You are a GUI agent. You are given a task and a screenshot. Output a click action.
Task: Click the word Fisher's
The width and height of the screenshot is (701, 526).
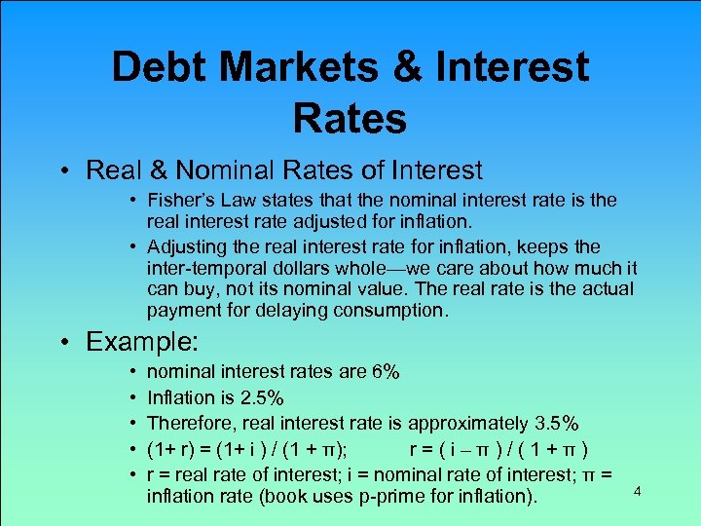click(183, 200)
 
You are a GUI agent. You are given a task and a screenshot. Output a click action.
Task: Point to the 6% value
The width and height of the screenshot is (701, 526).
click(387, 372)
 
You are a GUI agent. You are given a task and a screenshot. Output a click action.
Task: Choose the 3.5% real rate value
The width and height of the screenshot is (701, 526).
click(558, 423)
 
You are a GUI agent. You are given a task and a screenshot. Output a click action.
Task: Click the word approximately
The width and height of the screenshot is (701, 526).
click(468, 423)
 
